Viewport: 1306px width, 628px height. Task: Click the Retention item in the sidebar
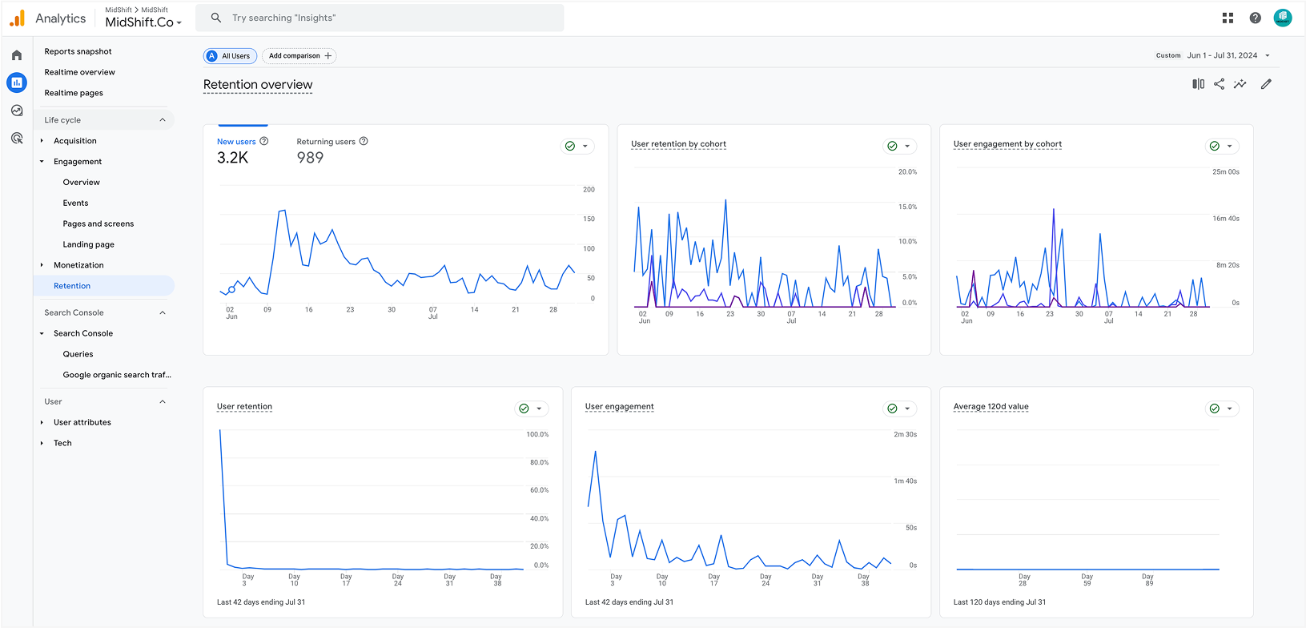[72, 286]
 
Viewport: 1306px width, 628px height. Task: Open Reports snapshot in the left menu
[78, 51]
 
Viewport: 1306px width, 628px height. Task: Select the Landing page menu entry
[88, 244]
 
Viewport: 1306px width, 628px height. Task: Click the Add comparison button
[299, 56]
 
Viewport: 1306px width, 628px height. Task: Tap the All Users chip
[230, 56]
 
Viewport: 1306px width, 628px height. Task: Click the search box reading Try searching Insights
[384, 18]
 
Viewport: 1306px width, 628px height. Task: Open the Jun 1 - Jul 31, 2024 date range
[1222, 55]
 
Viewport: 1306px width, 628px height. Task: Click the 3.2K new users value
[232, 158]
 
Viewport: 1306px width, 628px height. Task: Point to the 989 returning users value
[310, 158]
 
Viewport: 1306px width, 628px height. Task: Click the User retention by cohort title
[678, 144]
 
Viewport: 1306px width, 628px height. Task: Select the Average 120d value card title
[991, 407]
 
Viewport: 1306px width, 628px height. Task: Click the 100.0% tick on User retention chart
[537, 434]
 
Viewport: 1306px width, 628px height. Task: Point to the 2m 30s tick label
[905, 434]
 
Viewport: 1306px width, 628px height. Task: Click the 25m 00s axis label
[1225, 171]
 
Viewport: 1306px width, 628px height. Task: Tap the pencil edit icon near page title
[1266, 84]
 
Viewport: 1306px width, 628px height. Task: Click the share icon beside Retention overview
[1219, 84]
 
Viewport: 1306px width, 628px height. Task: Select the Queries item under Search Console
[78, 354]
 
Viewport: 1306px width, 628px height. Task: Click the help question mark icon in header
[1255, 18]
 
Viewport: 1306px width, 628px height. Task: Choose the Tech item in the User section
[62, 443]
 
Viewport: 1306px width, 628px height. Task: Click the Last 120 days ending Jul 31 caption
[999, 602]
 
